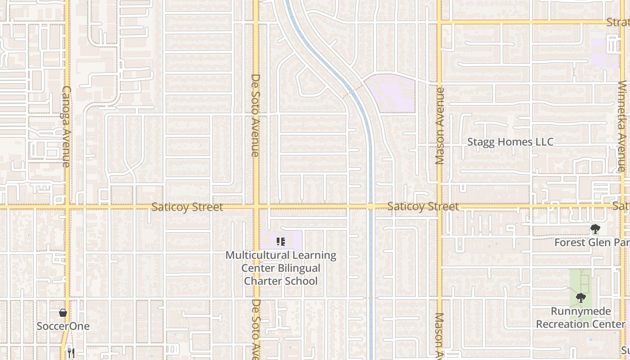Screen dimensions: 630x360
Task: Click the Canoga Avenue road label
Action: click(x=66, y=127)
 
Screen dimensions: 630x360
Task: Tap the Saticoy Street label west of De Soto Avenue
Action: click(x=187, y=207)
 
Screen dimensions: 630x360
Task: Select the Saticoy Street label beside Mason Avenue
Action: click(x=423, y=207)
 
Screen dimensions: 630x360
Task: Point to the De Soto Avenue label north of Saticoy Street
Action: click(x=255, y=115)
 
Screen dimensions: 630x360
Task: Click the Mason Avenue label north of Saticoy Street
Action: click(x=440, y=126)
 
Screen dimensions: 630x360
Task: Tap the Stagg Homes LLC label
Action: click(x=510, y=142)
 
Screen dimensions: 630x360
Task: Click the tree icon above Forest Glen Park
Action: click(x=595, y=229)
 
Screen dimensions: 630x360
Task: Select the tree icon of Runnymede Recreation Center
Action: click(x=581, y=298)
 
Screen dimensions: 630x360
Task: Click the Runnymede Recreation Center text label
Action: click(x=580, y=318)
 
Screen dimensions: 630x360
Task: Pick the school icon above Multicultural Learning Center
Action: click(x=281, y=242)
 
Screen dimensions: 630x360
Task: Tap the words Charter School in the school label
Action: click(x=281, y=281)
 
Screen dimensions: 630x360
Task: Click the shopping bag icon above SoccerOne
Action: click(x=63, y=313)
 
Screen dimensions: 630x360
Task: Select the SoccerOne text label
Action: click(x=63, y=326)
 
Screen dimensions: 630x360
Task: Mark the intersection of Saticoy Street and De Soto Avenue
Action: click(x=256, y=207)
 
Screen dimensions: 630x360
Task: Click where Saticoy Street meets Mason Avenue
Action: click(x=440, y=206)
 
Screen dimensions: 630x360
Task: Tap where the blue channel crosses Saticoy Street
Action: click(x=371, y=206)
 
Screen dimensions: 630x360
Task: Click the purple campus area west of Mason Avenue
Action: click(x=390, y=94)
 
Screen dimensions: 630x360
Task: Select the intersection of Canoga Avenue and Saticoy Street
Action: click(x=67, y=207)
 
